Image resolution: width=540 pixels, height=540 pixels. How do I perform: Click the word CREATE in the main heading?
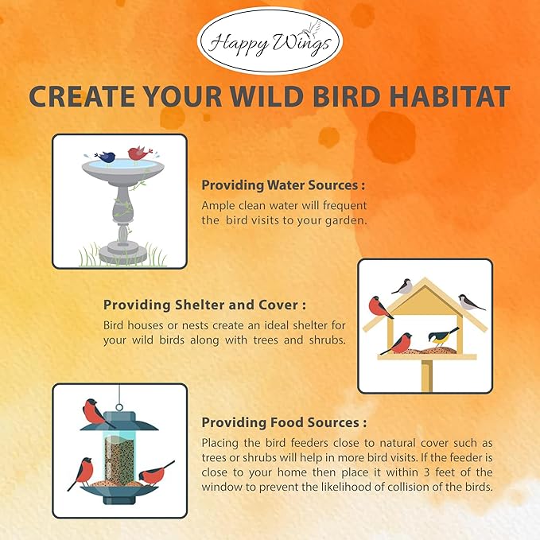tap(74, 97)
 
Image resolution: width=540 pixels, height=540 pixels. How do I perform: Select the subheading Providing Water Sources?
tap(283, 185)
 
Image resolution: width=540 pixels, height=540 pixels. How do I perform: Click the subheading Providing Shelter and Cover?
tap(204, 305)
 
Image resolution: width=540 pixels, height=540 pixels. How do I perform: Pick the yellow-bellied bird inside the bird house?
tap(444, 336)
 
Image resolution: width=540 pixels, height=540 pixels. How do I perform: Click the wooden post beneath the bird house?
tap(426, 375)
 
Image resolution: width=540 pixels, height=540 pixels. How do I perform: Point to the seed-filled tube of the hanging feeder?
tap(120, 458)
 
